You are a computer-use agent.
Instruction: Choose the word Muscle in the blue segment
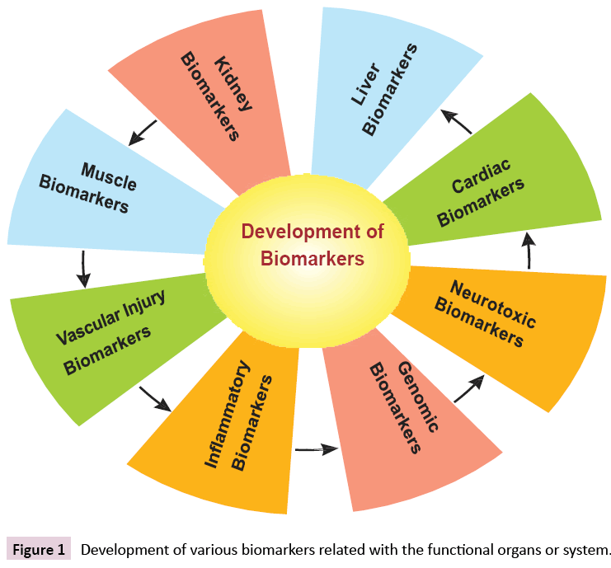(108, 176)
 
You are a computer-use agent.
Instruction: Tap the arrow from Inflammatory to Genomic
(317, 449)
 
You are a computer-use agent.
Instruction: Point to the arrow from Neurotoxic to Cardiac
(529, 251)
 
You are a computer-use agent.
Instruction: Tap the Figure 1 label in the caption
(38, 549)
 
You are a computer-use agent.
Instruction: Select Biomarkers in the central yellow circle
(312, 259)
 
